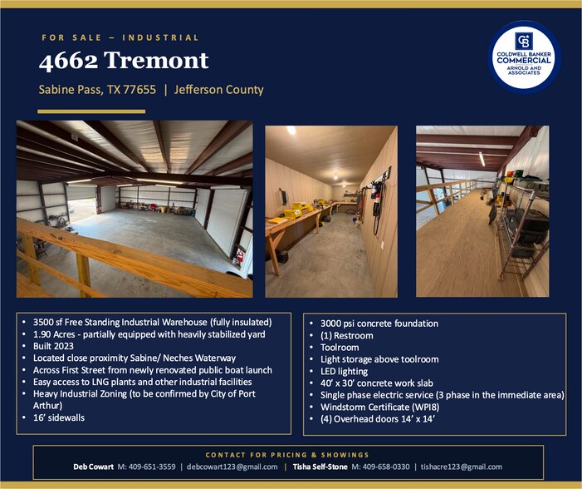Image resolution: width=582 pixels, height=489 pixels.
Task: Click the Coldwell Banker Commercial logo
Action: click(x=524, y=57)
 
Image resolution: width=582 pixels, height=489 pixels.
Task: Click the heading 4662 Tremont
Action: click(x=124, y=60)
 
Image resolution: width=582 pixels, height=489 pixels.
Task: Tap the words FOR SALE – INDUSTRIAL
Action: click(x=120, y=37)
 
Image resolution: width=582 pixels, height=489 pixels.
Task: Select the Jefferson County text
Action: click(x=219, y=90)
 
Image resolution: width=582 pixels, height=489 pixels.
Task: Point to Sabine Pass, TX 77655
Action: click(x=97, y=90)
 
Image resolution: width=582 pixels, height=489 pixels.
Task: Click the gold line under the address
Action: click(x=91, y=111)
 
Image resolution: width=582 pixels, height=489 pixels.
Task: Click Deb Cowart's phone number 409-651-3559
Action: click(x=148, y=467)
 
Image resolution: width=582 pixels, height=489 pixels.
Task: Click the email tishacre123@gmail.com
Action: click(x=461, y=467)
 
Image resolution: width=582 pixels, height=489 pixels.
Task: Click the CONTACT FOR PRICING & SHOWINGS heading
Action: click(x=287, y=454)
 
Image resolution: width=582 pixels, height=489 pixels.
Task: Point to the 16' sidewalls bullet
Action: click(x=61, y=417)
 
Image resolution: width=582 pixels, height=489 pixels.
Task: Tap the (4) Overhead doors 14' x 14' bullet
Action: click(x=377, y=419)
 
